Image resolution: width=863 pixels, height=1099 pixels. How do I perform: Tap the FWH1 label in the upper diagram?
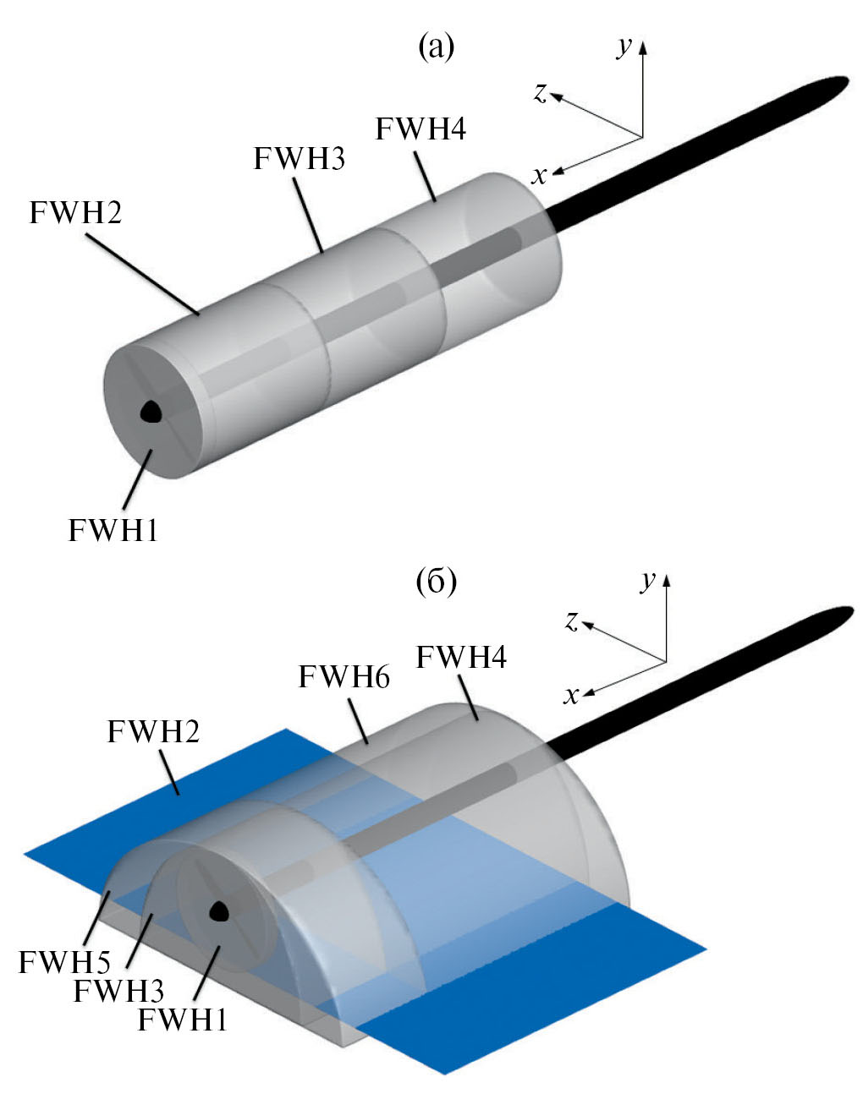pyautogui.click(x=113, y=530)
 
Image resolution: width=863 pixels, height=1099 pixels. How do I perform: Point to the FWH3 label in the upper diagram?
pyautogui.click(x=299, y=158)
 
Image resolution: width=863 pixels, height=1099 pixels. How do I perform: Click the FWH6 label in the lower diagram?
pyautogui.click(x=344, y=676)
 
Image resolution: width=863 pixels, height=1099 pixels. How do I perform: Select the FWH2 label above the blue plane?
pyautogui.click(x=153, y=730)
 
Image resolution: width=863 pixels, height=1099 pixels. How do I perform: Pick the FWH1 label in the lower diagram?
pyautogui.click(x=182, y=1020)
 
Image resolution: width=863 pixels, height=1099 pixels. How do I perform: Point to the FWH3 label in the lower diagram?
pyautogui.click(x=118, y=990)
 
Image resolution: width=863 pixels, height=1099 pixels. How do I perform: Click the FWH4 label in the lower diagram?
pyautogui.click(x=461, y=656)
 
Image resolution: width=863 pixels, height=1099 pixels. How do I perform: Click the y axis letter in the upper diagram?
pyautogui.click(x=624, y=47)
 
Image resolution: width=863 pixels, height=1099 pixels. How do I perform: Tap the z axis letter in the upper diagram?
pyautogui.click(x=540, y=92)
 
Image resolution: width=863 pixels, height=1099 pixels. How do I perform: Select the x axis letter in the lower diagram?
pyautogui.click(x=572, y=695)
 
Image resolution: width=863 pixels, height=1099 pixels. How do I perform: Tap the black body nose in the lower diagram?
pyautogui.click(x=220, y=910)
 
